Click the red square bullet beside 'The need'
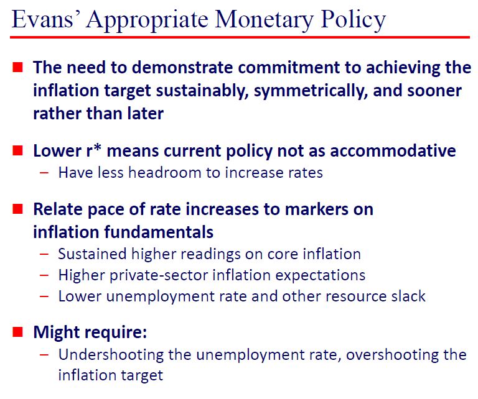click(x=17, y=67)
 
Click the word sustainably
click(x=202, y=91)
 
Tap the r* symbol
click(x=93, y=150)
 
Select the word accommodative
click(x=393, y=150)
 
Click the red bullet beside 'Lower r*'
click(x=17, y=150)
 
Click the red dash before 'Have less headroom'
click(x=44, y=173)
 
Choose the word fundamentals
click(x=159, y=232)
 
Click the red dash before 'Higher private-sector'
click(x=44, y=275)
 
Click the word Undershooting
click(x=111, y=355)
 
